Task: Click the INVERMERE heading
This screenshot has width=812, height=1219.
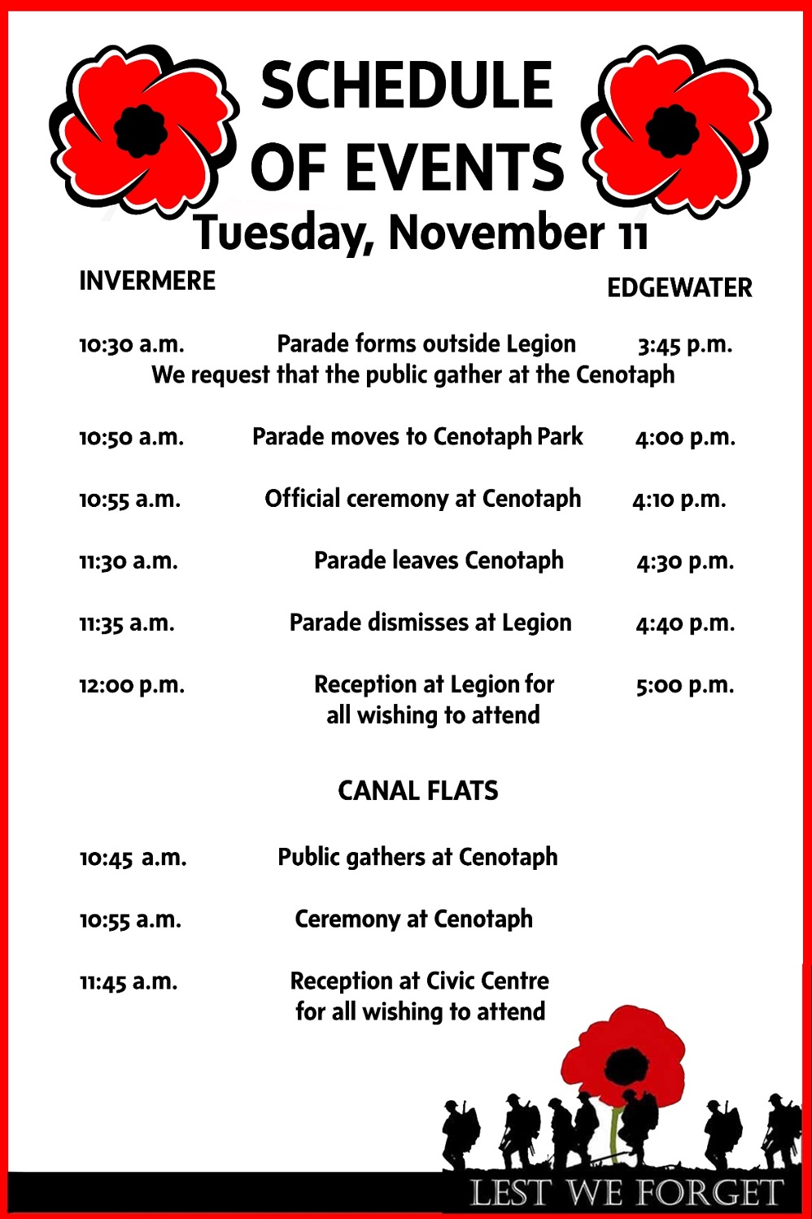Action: coord(147,281)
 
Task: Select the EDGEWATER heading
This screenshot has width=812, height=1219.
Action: coord(679,288)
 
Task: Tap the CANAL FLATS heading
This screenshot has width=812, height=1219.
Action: coord(418,790)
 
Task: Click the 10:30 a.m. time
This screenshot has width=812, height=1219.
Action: coord(132,344)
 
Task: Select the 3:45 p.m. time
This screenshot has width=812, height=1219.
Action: coord(685,345)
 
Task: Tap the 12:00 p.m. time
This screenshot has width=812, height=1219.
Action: coord(132,685)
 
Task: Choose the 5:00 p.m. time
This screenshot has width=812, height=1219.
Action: coord(685,685)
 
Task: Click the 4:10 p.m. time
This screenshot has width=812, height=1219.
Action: coord(679,500)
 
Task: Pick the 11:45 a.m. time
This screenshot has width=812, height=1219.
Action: coord(129,981)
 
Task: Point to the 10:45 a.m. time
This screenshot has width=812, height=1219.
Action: coord(133,858)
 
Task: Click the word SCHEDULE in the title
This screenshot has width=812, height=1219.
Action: coord(407,85)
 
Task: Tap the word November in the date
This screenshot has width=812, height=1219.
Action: coord(496,233)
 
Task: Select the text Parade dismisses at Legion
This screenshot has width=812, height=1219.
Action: coord(430,623)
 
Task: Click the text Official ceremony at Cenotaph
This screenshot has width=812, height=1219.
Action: coord(423,498)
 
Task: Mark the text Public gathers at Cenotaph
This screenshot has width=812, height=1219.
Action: coord(418,857)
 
